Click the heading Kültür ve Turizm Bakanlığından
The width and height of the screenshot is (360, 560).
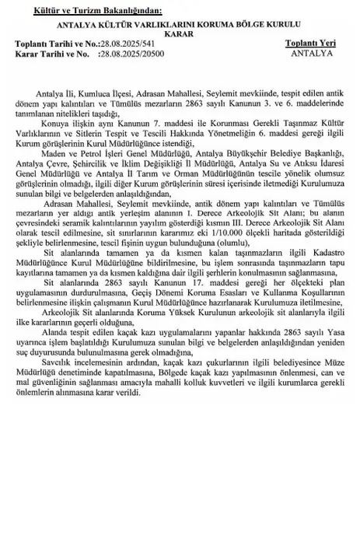pos(96,10)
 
